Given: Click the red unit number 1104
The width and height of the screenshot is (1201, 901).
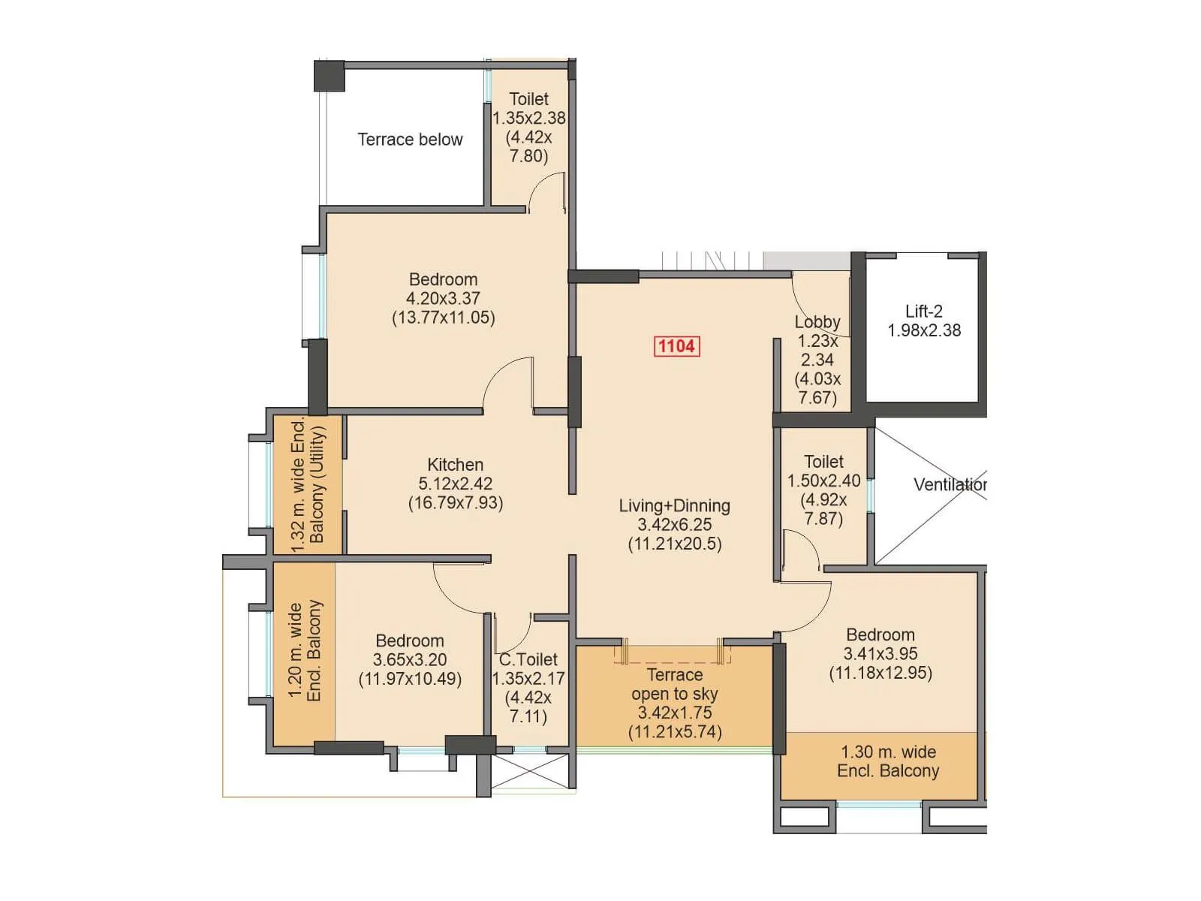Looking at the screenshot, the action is click(x=677, y=346).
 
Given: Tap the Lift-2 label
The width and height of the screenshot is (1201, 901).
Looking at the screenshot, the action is click(x=923, y=311).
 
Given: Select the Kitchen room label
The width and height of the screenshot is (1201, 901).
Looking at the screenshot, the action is click(x=455, y=465).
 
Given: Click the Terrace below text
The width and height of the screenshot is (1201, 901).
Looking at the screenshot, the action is click(x=410, y=140).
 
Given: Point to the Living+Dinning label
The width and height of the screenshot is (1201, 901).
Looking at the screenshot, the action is click(x=674, y=506).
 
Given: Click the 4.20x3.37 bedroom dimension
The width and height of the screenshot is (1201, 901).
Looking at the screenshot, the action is click(x=443, y=298).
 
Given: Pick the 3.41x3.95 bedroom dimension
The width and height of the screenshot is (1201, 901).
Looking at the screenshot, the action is click(x=880, y=654).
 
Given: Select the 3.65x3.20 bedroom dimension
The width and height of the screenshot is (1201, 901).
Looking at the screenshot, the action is click(x=410, y=660).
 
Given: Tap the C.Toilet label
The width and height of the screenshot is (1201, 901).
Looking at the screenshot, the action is click(x=528, y=659).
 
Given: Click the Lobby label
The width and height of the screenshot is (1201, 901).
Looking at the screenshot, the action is click(x=817, y=322).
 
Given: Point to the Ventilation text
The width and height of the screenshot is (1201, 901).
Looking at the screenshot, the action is click(x=950, y=485).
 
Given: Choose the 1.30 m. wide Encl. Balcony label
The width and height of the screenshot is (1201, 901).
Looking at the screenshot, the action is click(x=888, y=761).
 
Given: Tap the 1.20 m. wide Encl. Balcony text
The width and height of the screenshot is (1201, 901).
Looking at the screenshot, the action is click(x=305, y=651).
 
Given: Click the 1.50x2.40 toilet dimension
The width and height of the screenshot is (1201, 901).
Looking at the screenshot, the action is click(x=823, y=481).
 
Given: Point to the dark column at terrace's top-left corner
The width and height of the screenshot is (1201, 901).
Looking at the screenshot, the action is click(x=329, y=76).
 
